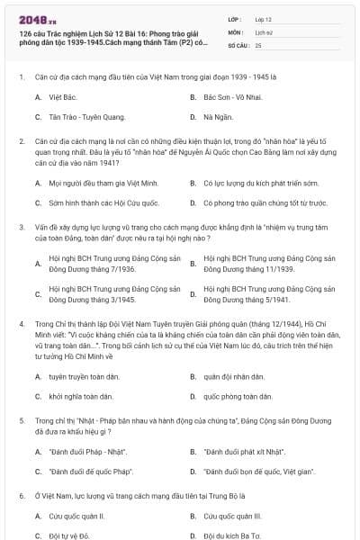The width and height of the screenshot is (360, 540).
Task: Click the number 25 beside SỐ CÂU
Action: [x=258, y=44]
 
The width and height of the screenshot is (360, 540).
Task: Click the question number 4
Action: [x=21, y=321]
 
